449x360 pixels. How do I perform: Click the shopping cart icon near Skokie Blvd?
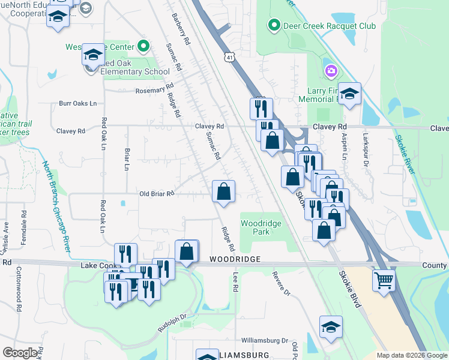coord(384,280)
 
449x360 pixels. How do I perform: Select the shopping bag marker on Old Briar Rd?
coord(223,192)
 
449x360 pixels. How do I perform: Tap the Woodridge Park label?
coord(255,227)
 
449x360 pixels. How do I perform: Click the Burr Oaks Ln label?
coord(77,103)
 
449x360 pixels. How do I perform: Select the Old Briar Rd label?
coord(156,194)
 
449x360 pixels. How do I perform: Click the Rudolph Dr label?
coord(173,317)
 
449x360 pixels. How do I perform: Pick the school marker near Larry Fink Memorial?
coord(349,94)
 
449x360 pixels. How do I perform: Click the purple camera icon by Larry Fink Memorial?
coord(331,72)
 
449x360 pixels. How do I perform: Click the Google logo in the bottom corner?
coord(20,353)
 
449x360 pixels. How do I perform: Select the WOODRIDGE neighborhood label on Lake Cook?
coord(235,259)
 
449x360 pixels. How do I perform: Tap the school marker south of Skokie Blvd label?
coord(331,327)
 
